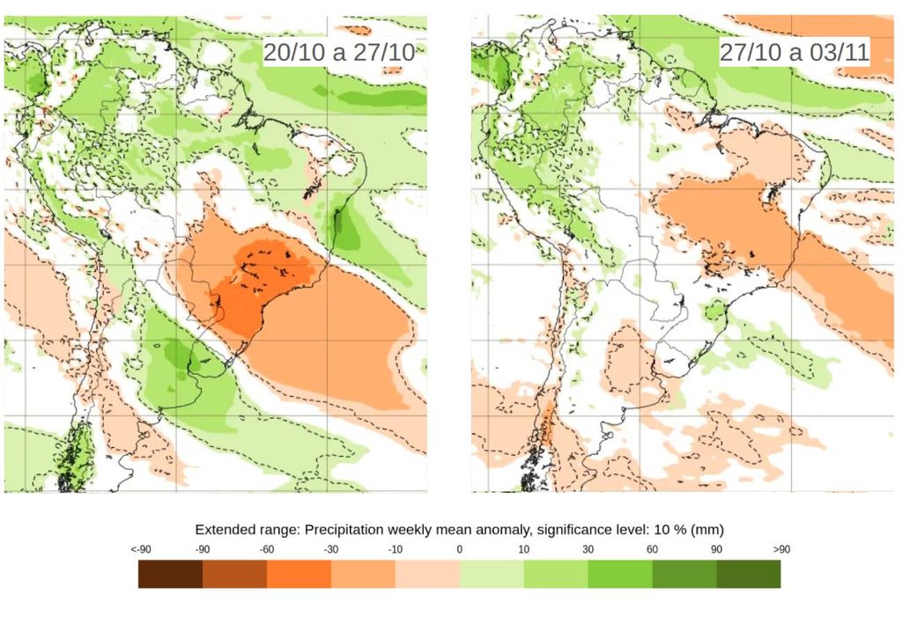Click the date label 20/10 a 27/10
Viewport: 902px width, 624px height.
(x=339, y=52)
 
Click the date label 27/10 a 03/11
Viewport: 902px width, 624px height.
(x=794, y=52)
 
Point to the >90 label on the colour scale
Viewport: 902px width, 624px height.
(x=780, y=549)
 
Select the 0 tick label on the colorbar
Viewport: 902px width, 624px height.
(x=460, y=549)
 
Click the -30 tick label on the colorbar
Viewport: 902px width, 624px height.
(x=331, y=549)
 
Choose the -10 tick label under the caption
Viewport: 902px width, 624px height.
(x=396, y=549)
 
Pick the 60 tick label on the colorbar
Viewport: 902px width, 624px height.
(x=653, y=549)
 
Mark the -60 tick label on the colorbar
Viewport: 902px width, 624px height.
(x=267, y=549)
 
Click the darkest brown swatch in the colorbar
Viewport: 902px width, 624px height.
(x=171, y=574)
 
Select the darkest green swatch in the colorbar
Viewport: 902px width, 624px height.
(x=749, y=574)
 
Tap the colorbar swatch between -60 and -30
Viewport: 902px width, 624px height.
(x=299, y=574)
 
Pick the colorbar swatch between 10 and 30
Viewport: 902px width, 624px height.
(x=556, y=574)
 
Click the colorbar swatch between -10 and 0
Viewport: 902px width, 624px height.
(x=427, y=574)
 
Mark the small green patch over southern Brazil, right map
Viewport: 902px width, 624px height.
(x=715, y=311)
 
